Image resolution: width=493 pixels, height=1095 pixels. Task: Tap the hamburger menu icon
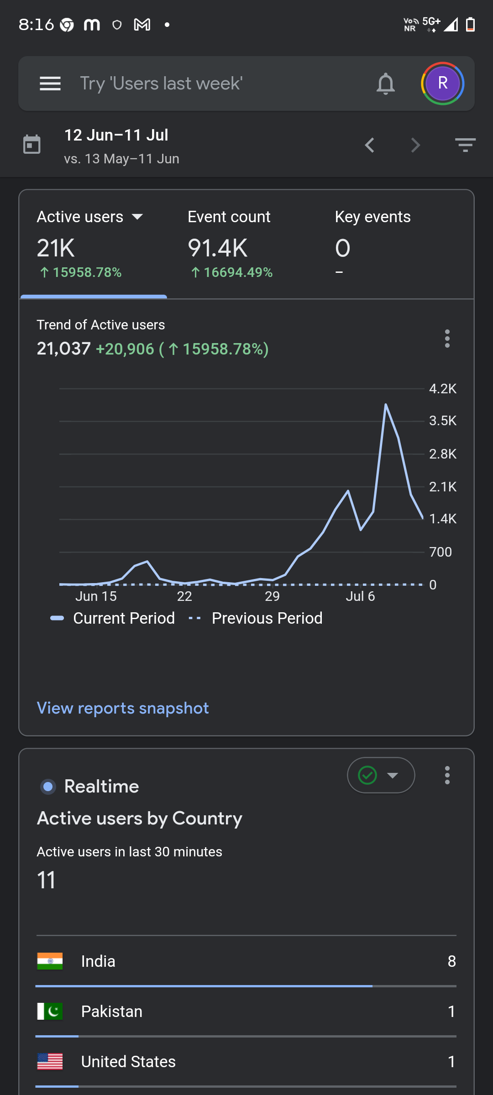pos(50,83)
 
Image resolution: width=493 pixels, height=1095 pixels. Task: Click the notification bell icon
pos(386,83)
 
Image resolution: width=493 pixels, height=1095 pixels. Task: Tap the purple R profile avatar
pos(442,83)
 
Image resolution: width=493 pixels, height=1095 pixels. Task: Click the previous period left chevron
pos(370,146)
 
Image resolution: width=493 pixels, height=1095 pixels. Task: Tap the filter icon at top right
pos(466,145)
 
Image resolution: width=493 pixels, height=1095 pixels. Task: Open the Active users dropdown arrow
pos(137,217)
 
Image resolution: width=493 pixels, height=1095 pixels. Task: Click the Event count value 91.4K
pos(218,248)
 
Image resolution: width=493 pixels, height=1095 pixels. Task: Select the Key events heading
pos(373,217)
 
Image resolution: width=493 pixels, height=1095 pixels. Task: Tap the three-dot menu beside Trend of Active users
pos(447,339)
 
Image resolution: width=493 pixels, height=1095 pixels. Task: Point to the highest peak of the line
pos(386,404)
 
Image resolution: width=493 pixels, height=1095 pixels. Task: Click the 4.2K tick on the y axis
pos(443,389)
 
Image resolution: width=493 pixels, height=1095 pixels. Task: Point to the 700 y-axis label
pos(441,552)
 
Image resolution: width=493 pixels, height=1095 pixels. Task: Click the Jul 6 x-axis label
pos(360,596)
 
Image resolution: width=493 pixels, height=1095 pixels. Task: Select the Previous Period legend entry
pos(256,618)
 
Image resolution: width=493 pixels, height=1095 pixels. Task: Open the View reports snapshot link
pos(123,708)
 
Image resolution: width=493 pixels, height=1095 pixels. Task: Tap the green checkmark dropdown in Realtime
pos(381,775)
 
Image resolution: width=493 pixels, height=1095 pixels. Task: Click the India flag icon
pos(50,961)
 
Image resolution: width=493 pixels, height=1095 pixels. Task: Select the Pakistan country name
pos(112,1012)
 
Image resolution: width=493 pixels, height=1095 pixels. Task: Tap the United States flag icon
pos(50,1062)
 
